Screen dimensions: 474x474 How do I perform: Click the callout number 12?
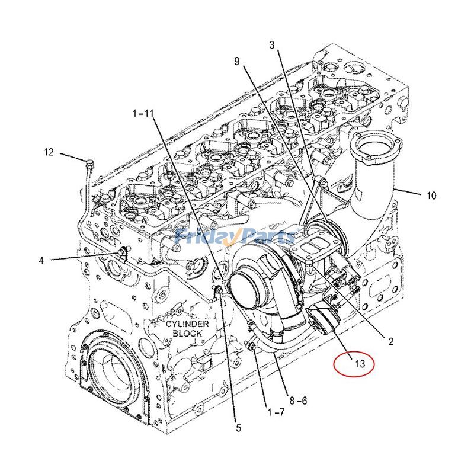[x=49, y=152]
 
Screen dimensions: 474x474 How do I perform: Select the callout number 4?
[x=41, y=260]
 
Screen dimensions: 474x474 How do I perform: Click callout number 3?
[x=273, y=45]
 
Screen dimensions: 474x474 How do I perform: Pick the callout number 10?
[x=431, y=195]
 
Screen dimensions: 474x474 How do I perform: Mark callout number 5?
[x=238, y=427]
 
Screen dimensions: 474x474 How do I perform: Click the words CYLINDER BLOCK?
[x=187, y=329]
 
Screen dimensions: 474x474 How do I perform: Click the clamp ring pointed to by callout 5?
[x=217, y=290]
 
